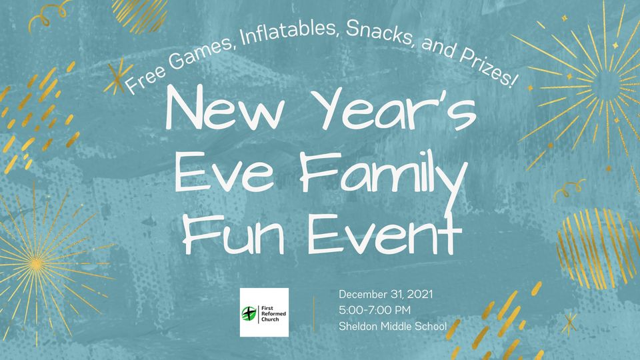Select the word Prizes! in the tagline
click(x=488, y=67)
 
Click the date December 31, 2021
click(x=386, y=294)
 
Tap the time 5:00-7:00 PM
click(x=375, y=310)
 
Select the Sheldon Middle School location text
click(x=393, y=326)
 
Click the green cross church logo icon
click(x=249, y=313)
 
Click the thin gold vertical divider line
click(x=314, y=314)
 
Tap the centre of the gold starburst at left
click(x=36, y=265)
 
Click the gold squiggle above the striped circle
click(x=569, y=189)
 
